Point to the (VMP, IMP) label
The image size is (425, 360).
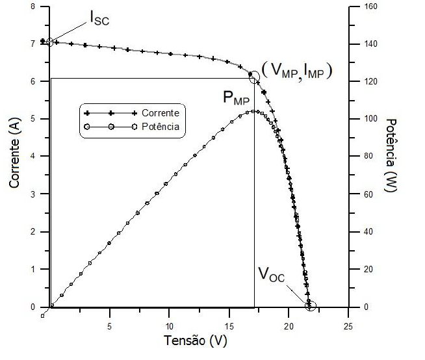click(297, 71)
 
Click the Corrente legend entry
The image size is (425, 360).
click(159, 113)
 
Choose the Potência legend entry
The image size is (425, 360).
click(160, 127)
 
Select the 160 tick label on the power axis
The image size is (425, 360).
click(364, 6)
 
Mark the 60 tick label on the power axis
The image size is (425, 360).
click(362, 194)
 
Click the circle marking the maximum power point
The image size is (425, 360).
click(253, 77)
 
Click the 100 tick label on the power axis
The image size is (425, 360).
click(364, 119)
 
